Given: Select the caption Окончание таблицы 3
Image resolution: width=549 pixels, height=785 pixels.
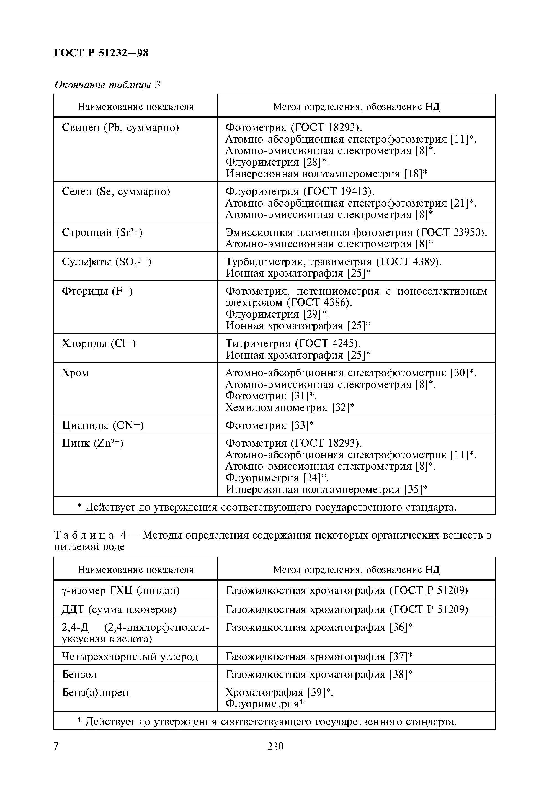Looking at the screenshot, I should [x=107, y=85].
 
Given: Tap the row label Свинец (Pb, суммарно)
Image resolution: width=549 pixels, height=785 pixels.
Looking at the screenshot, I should [x=120, y=128].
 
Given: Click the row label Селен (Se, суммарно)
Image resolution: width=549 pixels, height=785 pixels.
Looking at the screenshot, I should [x=116, y=191].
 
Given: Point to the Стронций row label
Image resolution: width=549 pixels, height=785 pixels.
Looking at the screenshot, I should [x=102, y=233].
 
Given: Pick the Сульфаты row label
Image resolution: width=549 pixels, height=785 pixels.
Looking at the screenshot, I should [x=106, y=262].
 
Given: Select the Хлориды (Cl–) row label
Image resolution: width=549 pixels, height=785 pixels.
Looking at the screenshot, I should [x=99, y=343].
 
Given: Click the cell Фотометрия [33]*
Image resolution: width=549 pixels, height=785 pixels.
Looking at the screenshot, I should [x=269, y=425].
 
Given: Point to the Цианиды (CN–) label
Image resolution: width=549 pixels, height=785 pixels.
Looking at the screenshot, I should [x=102, y=425].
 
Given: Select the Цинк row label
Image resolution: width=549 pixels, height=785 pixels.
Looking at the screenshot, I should [x=92, y=443].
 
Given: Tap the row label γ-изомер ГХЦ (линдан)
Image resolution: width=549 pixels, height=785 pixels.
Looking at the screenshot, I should [x=121, y=590].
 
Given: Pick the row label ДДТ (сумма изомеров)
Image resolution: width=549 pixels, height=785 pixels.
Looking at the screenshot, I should [x=119, y=610].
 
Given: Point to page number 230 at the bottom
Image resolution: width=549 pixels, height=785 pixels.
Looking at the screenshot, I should [x=275, y=746].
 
